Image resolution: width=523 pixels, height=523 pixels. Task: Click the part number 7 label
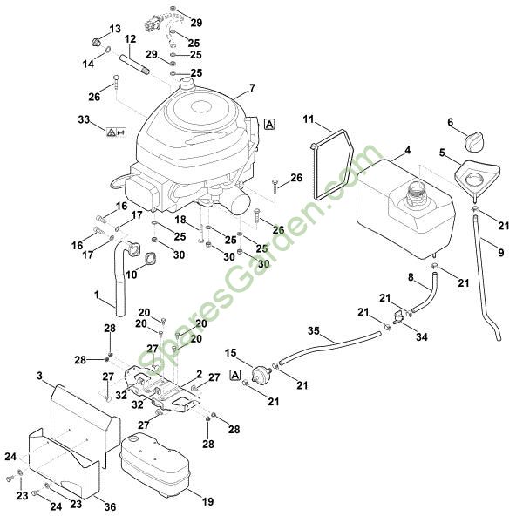coord(252,88)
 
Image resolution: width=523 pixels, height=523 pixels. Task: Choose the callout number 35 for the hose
coord(314,330)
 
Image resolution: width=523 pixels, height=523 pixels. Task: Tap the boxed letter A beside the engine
coord(270,124)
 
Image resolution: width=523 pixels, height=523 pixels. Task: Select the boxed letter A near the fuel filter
coord(234,374)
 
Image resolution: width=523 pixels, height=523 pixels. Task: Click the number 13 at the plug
coord(115,29)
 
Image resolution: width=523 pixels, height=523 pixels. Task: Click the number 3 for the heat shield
coord(39,376)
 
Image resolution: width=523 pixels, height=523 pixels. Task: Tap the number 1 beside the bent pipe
coord(97,295)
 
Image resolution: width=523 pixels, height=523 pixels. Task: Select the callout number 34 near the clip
coord(422,336)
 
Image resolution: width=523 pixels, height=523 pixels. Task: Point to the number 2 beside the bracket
coord(200,374)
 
